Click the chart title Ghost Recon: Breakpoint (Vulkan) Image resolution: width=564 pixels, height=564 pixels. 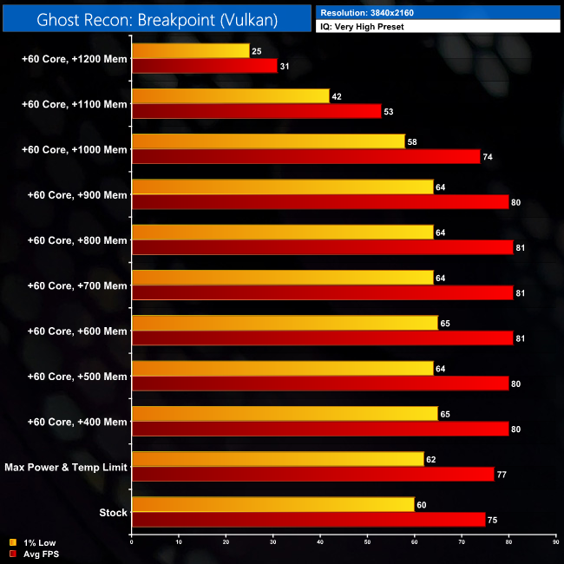point(156,17)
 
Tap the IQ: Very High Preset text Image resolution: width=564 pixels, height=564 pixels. point(363,27)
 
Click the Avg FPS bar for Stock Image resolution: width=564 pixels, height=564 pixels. point(308,520)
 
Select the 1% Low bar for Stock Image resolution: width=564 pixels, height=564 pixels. point(272,505)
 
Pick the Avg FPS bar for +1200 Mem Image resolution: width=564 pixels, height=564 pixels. point(204,66)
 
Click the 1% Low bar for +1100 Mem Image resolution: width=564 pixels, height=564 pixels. point(230,96)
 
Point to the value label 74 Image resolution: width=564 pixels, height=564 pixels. point(488,156)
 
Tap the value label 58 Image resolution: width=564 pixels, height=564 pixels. point(412,141)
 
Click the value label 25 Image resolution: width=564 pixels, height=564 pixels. point(256,51)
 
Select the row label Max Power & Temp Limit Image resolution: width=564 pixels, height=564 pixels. point(65,468)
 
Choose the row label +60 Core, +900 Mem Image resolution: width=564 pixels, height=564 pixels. point(76,195)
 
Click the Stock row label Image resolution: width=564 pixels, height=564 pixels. point(113,513)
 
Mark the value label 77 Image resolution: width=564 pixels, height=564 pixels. point(502,475)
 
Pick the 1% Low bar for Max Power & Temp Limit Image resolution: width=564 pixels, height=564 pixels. point(278,460)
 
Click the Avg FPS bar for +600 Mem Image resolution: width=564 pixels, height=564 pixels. point(322,338)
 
